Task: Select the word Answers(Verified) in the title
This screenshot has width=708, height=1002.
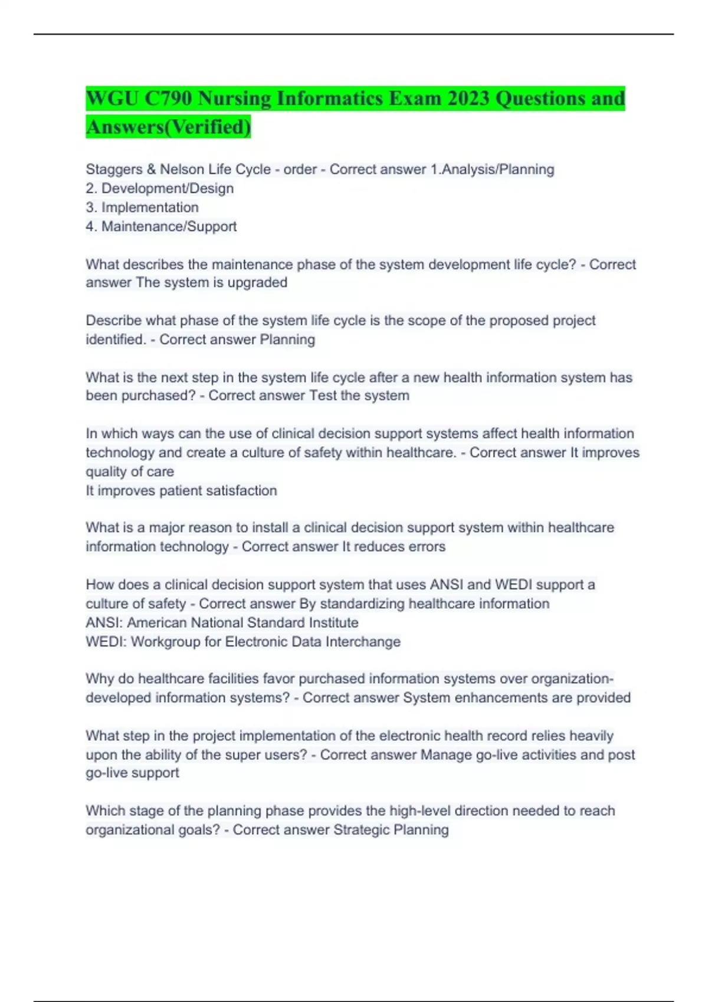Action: point(168,126)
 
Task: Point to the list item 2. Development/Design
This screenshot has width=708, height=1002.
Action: point(160,189)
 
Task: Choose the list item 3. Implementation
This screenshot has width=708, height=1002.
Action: point(142,207)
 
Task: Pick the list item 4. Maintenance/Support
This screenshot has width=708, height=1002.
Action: point(161,226)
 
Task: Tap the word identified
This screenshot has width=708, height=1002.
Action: point(115,340)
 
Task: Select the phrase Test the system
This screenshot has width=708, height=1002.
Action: point(359,395)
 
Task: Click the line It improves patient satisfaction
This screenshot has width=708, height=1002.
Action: point(181,490)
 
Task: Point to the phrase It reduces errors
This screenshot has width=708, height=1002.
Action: point(394,547)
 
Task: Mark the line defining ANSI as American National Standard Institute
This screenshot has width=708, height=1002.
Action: point(222,622)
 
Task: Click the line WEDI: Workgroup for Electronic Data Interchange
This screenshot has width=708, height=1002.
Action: point(243,641)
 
